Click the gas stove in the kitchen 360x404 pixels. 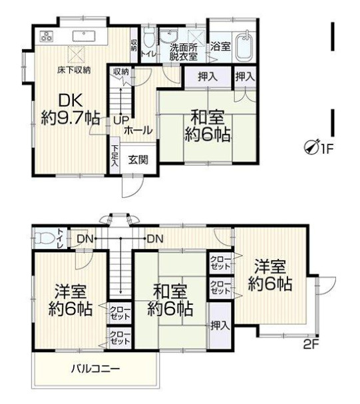pos(47,36)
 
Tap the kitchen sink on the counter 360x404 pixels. pos(84,36)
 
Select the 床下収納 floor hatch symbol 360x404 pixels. pos(77,55)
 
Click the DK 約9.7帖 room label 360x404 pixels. pos(70,110)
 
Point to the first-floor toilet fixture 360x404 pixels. pos(148,39)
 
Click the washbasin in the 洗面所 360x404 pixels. pos(168,35)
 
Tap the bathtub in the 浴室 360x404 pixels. pos(245,46)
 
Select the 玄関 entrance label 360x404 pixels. pos(138,160)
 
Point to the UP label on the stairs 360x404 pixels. pos(121,121)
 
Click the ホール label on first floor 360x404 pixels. pos(139,131)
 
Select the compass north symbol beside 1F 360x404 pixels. pos(311,147)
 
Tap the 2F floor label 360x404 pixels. pos(311,344)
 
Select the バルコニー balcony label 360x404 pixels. pos(95,369)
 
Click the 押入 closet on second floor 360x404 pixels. pos(220,325)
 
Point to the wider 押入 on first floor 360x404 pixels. pos(208,77)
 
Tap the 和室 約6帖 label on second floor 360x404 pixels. pos(170,300)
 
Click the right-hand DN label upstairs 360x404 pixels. pos(155,239)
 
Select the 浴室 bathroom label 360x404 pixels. pos(220,47)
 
